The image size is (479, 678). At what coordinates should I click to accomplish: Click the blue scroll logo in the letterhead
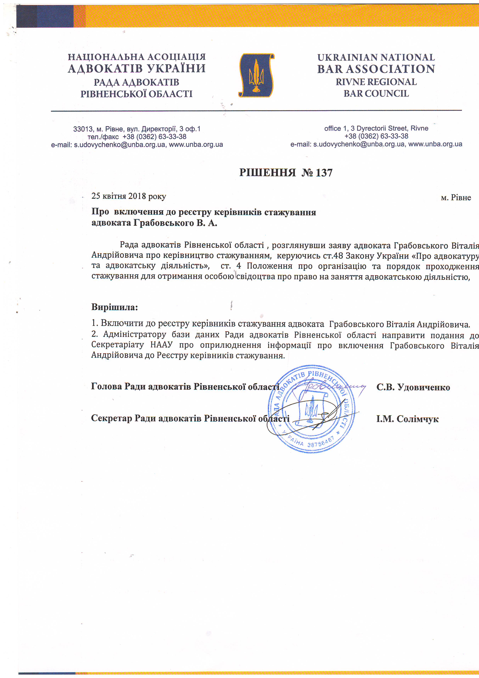click(256, 75)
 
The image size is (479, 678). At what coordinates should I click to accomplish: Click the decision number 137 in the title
click(324, 173)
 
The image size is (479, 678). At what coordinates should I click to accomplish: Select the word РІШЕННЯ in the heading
click(267, 173)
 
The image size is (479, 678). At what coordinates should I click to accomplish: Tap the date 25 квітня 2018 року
click(129, 196)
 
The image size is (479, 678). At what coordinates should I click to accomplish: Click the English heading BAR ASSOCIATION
click(376, 69)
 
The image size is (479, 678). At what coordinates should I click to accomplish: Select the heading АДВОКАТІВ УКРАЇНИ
click(137, 68)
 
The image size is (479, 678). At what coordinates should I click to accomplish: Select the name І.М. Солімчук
click(407, 419)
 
